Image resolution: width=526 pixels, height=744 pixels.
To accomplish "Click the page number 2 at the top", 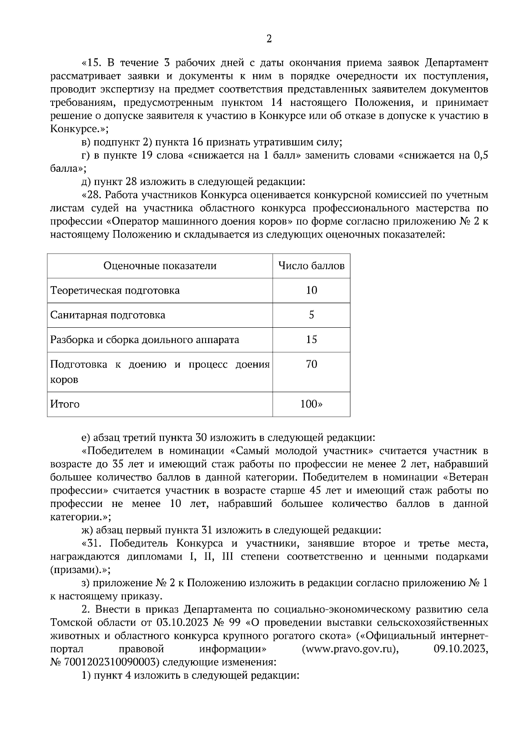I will click(269, 39).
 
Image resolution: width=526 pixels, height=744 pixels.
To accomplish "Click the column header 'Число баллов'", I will click(311, 266).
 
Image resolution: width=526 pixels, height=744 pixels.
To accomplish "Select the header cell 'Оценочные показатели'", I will click(160, 266).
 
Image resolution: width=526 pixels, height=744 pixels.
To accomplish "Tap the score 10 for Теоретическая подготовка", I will click(311, 291).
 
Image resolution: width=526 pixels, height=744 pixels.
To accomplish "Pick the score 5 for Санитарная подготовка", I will click(311, 315).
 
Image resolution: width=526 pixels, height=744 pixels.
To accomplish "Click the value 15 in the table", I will click(311, 340).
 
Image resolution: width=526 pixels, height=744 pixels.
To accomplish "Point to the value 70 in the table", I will click(311, 364).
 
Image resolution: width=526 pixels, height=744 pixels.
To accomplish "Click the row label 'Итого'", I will click(65, 404).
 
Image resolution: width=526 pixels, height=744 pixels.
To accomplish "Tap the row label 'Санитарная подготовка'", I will click(108, 315).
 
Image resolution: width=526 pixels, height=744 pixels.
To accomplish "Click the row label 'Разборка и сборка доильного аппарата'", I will click(145, 340).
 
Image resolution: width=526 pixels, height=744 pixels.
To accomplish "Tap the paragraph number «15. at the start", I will click(92, 63).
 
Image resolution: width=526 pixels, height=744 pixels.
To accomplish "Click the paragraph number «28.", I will click(92, 195).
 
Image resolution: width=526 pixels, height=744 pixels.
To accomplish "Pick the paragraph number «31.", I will click(92, 544).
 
